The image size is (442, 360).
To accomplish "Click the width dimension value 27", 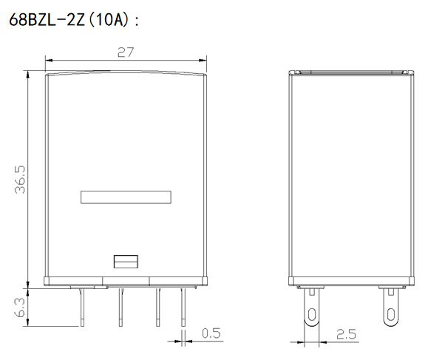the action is pyautogui.click(x=126, y=52).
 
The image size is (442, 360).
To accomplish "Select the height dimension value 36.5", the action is pyautogui.click(x=20, y=180).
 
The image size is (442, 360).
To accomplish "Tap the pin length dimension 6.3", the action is pyautogui.click(x=20, y=308).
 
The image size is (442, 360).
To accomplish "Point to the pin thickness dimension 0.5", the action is pyautogui.click(x=211, y=333).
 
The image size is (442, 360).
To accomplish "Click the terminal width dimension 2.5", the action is pyautogui.click(x=346, y=334).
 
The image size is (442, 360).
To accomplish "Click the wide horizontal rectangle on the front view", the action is pyautogui.click(x=126, y=197).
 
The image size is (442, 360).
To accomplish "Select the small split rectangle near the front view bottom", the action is pyautogui.click(x=126, y=262).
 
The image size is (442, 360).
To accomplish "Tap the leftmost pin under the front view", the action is pyautogui.click(x=82, y=308).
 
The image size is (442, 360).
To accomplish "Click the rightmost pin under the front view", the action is pyautogui.click(x=183, y=308).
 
